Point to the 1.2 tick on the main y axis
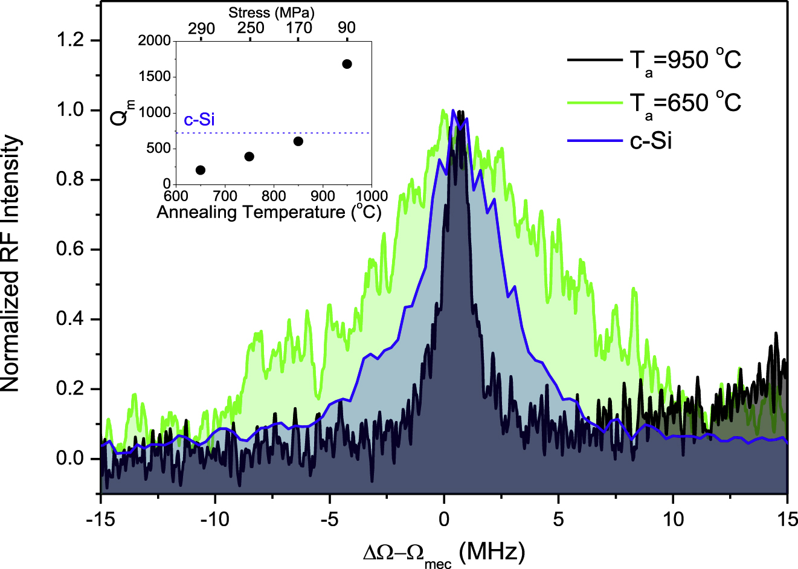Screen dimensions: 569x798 point(70,41)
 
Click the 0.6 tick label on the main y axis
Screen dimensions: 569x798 point(70,250)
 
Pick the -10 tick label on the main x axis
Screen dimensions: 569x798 point(216,519)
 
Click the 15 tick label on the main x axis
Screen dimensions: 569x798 point(787,519)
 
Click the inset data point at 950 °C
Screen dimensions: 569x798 point(347,64)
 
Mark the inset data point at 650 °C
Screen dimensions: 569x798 point(201,170)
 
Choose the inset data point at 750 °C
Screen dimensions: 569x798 point(249,156)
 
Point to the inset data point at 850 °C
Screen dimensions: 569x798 point(298,141)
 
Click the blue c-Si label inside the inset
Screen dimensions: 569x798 point(199,120)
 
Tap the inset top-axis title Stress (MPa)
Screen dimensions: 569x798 point(271,13)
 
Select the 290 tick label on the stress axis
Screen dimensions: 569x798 point(201,28)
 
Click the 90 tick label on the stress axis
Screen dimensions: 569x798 point(347,28)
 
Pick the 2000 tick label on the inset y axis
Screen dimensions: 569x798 point(154,41)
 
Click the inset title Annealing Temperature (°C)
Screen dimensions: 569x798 point(269,213)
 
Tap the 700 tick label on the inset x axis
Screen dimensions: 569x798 point(225,196)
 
